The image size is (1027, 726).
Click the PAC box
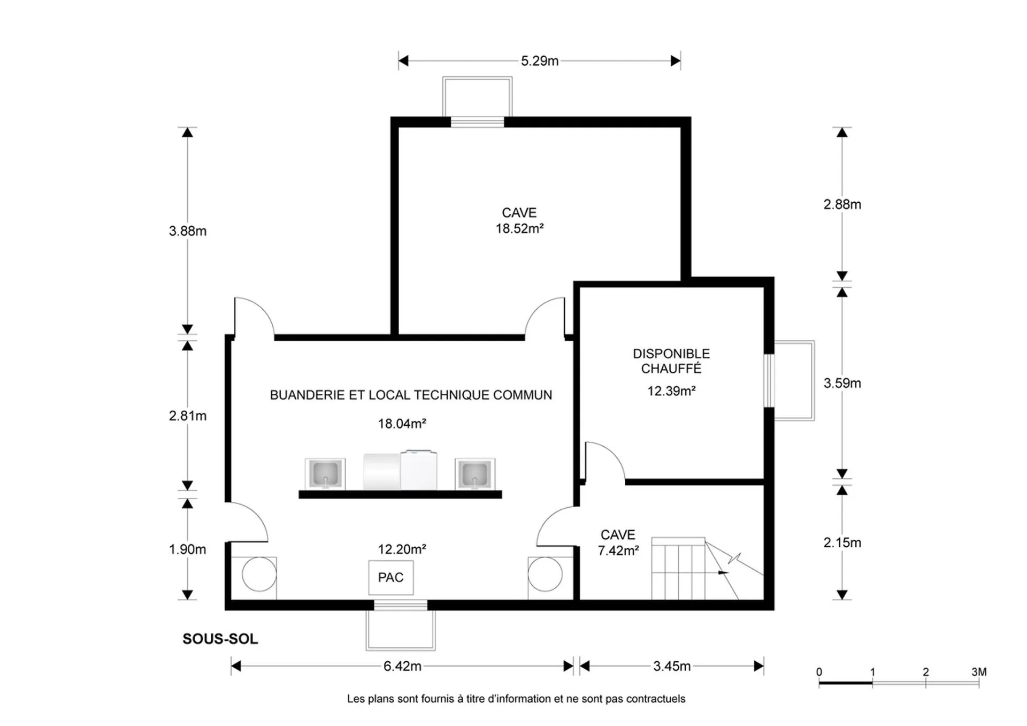click(x=391, y=577)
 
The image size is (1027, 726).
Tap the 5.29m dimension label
click(x=540, y=61)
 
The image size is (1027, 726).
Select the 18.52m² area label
click(x=519, y=228)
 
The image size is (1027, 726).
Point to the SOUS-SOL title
click(x=220, y=639)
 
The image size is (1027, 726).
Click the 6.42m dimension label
click(x=402, y=666)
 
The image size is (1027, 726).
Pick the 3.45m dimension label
click(x=672, y=666)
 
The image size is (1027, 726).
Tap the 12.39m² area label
click(x=671, y=391)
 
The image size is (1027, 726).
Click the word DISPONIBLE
click(x=671, y=354)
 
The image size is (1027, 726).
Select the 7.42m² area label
click(x=618, y=551)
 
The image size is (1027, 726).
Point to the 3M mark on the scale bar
click(x=979, y=672)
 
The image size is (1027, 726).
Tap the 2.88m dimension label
click(x=842, y=204)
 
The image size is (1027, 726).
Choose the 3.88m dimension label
click(x=188, y=231)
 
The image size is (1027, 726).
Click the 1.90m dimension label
click(x=188, y=549)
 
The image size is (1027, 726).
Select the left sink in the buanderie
click(x=325, y=474)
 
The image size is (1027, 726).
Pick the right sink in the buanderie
click(x=475, y=474)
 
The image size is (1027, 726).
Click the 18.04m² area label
click(x=402, y=424)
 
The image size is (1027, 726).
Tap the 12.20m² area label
click(x=402, y=549)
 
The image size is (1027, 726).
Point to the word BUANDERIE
click(x=307, y=395)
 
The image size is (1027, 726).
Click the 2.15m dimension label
click(x=842, y=542)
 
